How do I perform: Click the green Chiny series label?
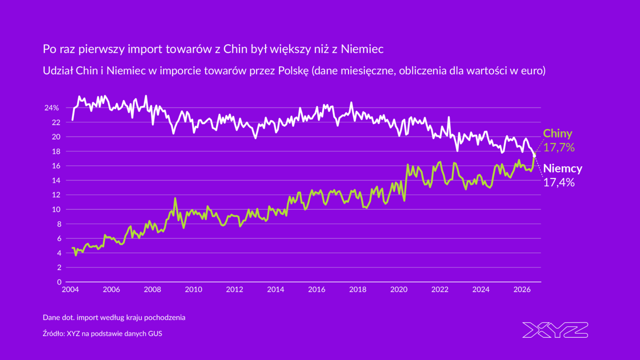point(557,134)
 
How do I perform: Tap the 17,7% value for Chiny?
point(559,148)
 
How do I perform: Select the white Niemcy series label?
point(563,168)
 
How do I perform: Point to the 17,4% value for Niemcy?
point(559,182)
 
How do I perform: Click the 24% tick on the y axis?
point(52,108)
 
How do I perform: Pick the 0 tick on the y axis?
point(59,282)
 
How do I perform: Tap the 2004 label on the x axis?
point(70,289)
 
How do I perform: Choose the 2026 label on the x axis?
point(522,289)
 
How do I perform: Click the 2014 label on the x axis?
point(276,289)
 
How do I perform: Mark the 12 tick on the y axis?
point(57,195)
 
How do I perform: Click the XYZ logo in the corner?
point(555,330)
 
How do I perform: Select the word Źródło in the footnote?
point(53,333)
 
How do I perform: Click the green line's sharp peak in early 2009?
point(175,198)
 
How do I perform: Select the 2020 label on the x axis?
point(399,289)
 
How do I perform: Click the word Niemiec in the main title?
point(362,49)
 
